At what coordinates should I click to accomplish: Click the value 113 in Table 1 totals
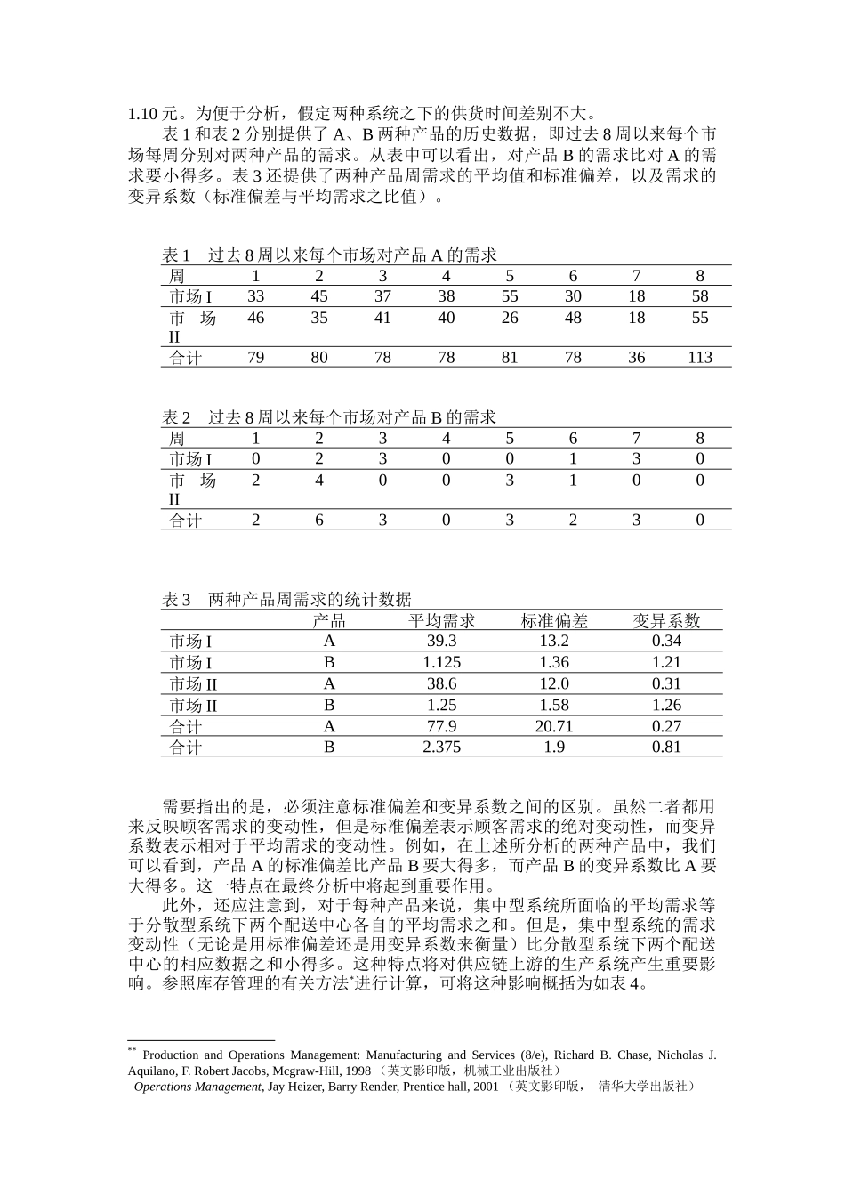[x=700, y=358]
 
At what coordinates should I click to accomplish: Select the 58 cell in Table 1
[x=700, y=296]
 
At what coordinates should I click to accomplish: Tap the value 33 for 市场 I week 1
[x=256, y=296]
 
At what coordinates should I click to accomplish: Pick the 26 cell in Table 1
[x=510, y=318]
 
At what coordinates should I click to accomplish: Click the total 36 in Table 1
[x=637, y=358]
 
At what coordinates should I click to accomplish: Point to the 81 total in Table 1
[x=510, y=358]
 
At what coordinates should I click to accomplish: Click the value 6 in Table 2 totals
[x=319, y=521]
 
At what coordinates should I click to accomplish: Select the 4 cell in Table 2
[x=319, y=481]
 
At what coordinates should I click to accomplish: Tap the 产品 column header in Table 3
[x=329, y=620]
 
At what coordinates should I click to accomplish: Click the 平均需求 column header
[x=442, y=620]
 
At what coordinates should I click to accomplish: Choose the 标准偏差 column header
[x=554, y=620]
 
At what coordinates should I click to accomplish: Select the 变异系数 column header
[x=666, y=620]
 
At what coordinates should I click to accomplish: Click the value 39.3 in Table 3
[x=442, y=642]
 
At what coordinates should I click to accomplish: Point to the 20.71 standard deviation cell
[x=554, y=726]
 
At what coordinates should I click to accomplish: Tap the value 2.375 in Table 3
[x=442, y=747]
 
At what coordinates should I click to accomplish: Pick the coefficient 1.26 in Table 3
[x=666, y=705]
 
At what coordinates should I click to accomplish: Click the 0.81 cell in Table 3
[x=666, y=747]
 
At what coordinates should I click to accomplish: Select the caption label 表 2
[x=176, y=417]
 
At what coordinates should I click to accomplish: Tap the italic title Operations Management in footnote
[x=197, y=1087]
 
